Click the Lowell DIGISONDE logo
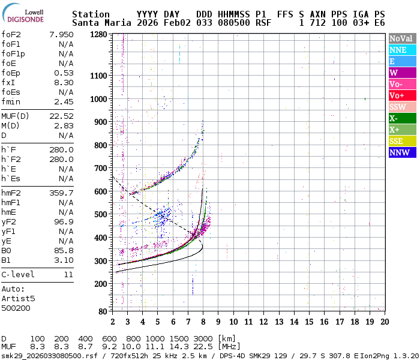pos(26,15)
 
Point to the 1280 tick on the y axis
pos(98,34)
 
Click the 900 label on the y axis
pos(98,122)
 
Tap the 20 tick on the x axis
pos(384,321)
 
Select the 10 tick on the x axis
pos(233,321)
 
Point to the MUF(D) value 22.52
pos(61,116)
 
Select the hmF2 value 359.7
pos(61,193)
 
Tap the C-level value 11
pos(68,274)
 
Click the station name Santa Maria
pos(98,23)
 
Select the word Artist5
pos(18,298)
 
